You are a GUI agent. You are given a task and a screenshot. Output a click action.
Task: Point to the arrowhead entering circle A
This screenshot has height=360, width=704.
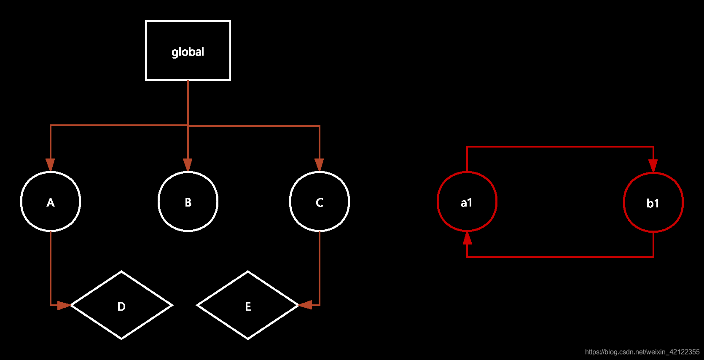(51, 165)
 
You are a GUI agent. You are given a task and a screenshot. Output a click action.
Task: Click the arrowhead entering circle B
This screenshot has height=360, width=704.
(188, 165)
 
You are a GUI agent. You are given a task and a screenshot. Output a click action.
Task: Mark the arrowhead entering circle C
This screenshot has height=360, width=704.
(320, 165)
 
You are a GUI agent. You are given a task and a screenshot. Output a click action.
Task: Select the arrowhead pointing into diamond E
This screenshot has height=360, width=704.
(305, 305)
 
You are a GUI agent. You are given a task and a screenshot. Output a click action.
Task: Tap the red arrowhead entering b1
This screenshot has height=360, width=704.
(653, 166)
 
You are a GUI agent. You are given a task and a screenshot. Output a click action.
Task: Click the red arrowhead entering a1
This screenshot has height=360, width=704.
(467, 238)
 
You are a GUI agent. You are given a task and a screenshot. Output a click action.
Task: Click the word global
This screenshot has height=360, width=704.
(188, 52)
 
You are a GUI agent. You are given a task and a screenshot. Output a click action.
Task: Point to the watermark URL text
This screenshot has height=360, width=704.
(642, 352)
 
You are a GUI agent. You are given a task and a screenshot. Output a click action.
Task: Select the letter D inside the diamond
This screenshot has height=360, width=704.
(121, 306)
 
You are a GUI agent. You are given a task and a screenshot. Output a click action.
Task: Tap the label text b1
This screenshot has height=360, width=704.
(653, 204)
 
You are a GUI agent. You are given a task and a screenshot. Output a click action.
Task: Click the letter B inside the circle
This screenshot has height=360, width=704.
(188, 203)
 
